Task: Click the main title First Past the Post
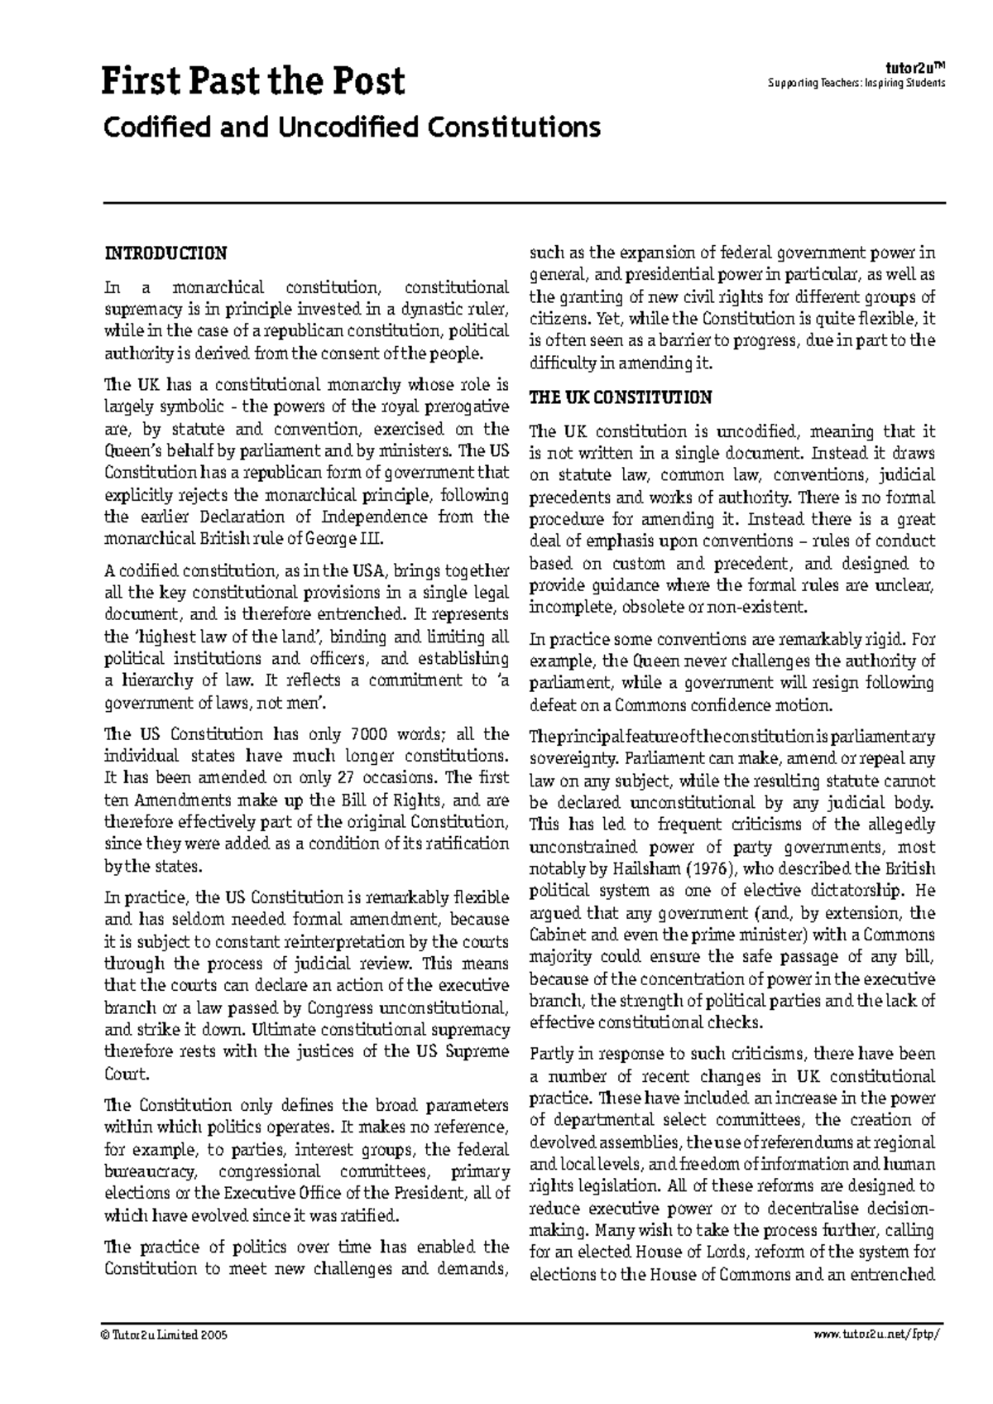click(253, 82)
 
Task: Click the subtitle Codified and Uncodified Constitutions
click(350, 127)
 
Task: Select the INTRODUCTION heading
click(165, 252)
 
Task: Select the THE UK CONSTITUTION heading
click(620, 397)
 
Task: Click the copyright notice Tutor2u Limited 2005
click(165, 1336)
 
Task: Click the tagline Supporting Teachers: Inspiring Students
click(856, 84)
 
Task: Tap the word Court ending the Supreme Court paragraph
click(126, 1075)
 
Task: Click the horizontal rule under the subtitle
click(524, 202)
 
